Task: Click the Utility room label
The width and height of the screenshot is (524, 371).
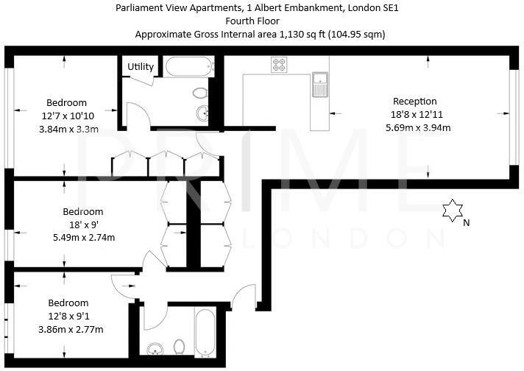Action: point(141,66)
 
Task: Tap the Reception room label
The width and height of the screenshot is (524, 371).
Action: point(415,101)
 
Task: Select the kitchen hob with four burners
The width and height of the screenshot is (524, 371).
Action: point(280,65)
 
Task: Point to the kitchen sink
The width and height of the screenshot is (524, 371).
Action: point(320,85)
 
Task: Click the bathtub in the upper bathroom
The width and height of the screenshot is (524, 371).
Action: point(188,67)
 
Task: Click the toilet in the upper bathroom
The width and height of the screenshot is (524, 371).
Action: point(199,93)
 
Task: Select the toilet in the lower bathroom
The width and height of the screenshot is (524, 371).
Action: point(179,346)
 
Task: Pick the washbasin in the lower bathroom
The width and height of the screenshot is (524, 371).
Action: point(155,348)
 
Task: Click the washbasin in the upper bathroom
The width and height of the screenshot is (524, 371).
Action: point(203,113)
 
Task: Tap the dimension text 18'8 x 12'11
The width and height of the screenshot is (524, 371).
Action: point(416,114)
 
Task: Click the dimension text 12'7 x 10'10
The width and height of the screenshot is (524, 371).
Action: point(67,116)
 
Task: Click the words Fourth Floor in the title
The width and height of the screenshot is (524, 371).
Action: point(261,21)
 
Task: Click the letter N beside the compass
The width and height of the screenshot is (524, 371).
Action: point(466,221)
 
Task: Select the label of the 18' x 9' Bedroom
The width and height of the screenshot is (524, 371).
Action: point(82,211)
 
